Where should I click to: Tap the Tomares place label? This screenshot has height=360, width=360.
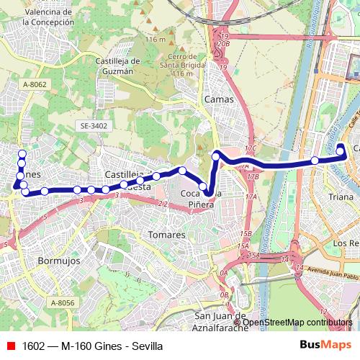tap(166, 235)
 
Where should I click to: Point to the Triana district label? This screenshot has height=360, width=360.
tap(341, 197)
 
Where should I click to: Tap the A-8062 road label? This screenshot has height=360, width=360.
tap(34, 84)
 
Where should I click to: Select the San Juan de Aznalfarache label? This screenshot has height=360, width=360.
tap(222, 321)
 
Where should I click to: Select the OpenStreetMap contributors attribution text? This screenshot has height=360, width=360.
tap(297, 322)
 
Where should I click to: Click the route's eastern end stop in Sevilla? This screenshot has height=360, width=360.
tap(341, 150)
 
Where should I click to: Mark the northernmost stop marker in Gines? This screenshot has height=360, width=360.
tap(22, 154)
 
